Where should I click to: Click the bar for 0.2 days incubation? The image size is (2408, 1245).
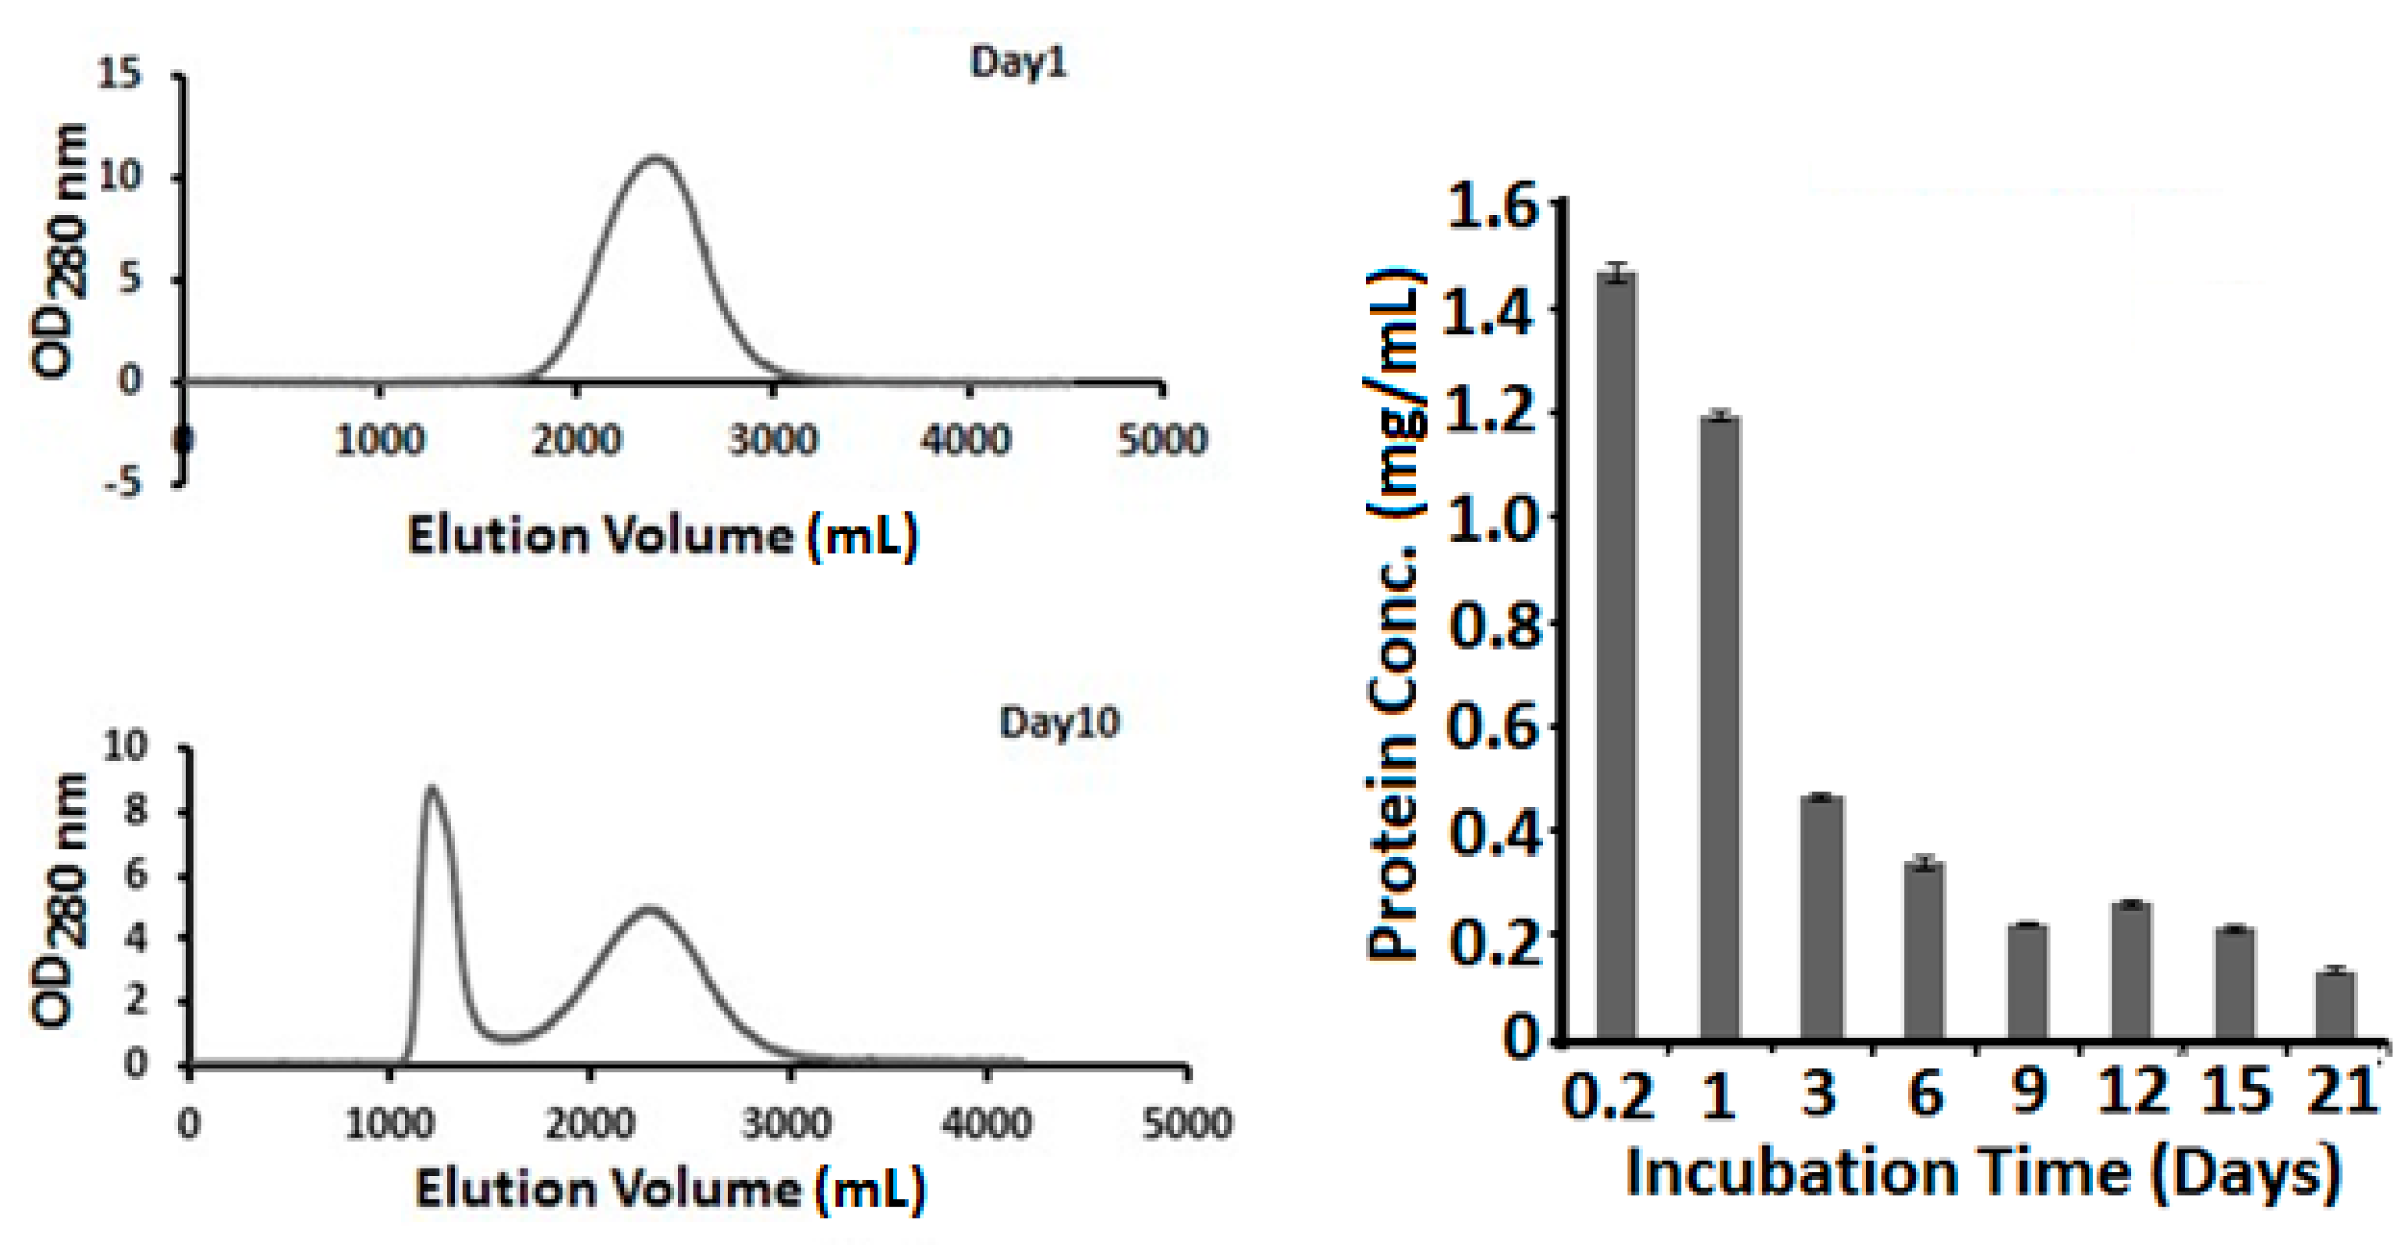tap(1617, 654)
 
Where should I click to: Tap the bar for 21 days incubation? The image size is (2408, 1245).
tap(2335, 1005)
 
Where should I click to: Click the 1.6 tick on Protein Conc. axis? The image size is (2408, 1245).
tap(1493, 205)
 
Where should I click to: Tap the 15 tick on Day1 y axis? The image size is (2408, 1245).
tap(119, 74)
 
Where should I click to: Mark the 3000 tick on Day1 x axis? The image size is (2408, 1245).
tap(772, 439)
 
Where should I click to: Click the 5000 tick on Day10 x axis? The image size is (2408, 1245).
tap(1187, 1123)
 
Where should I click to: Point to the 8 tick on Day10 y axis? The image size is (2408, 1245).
tap(136, 810)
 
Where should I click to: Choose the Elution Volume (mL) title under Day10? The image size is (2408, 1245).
tap(669, 1190)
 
